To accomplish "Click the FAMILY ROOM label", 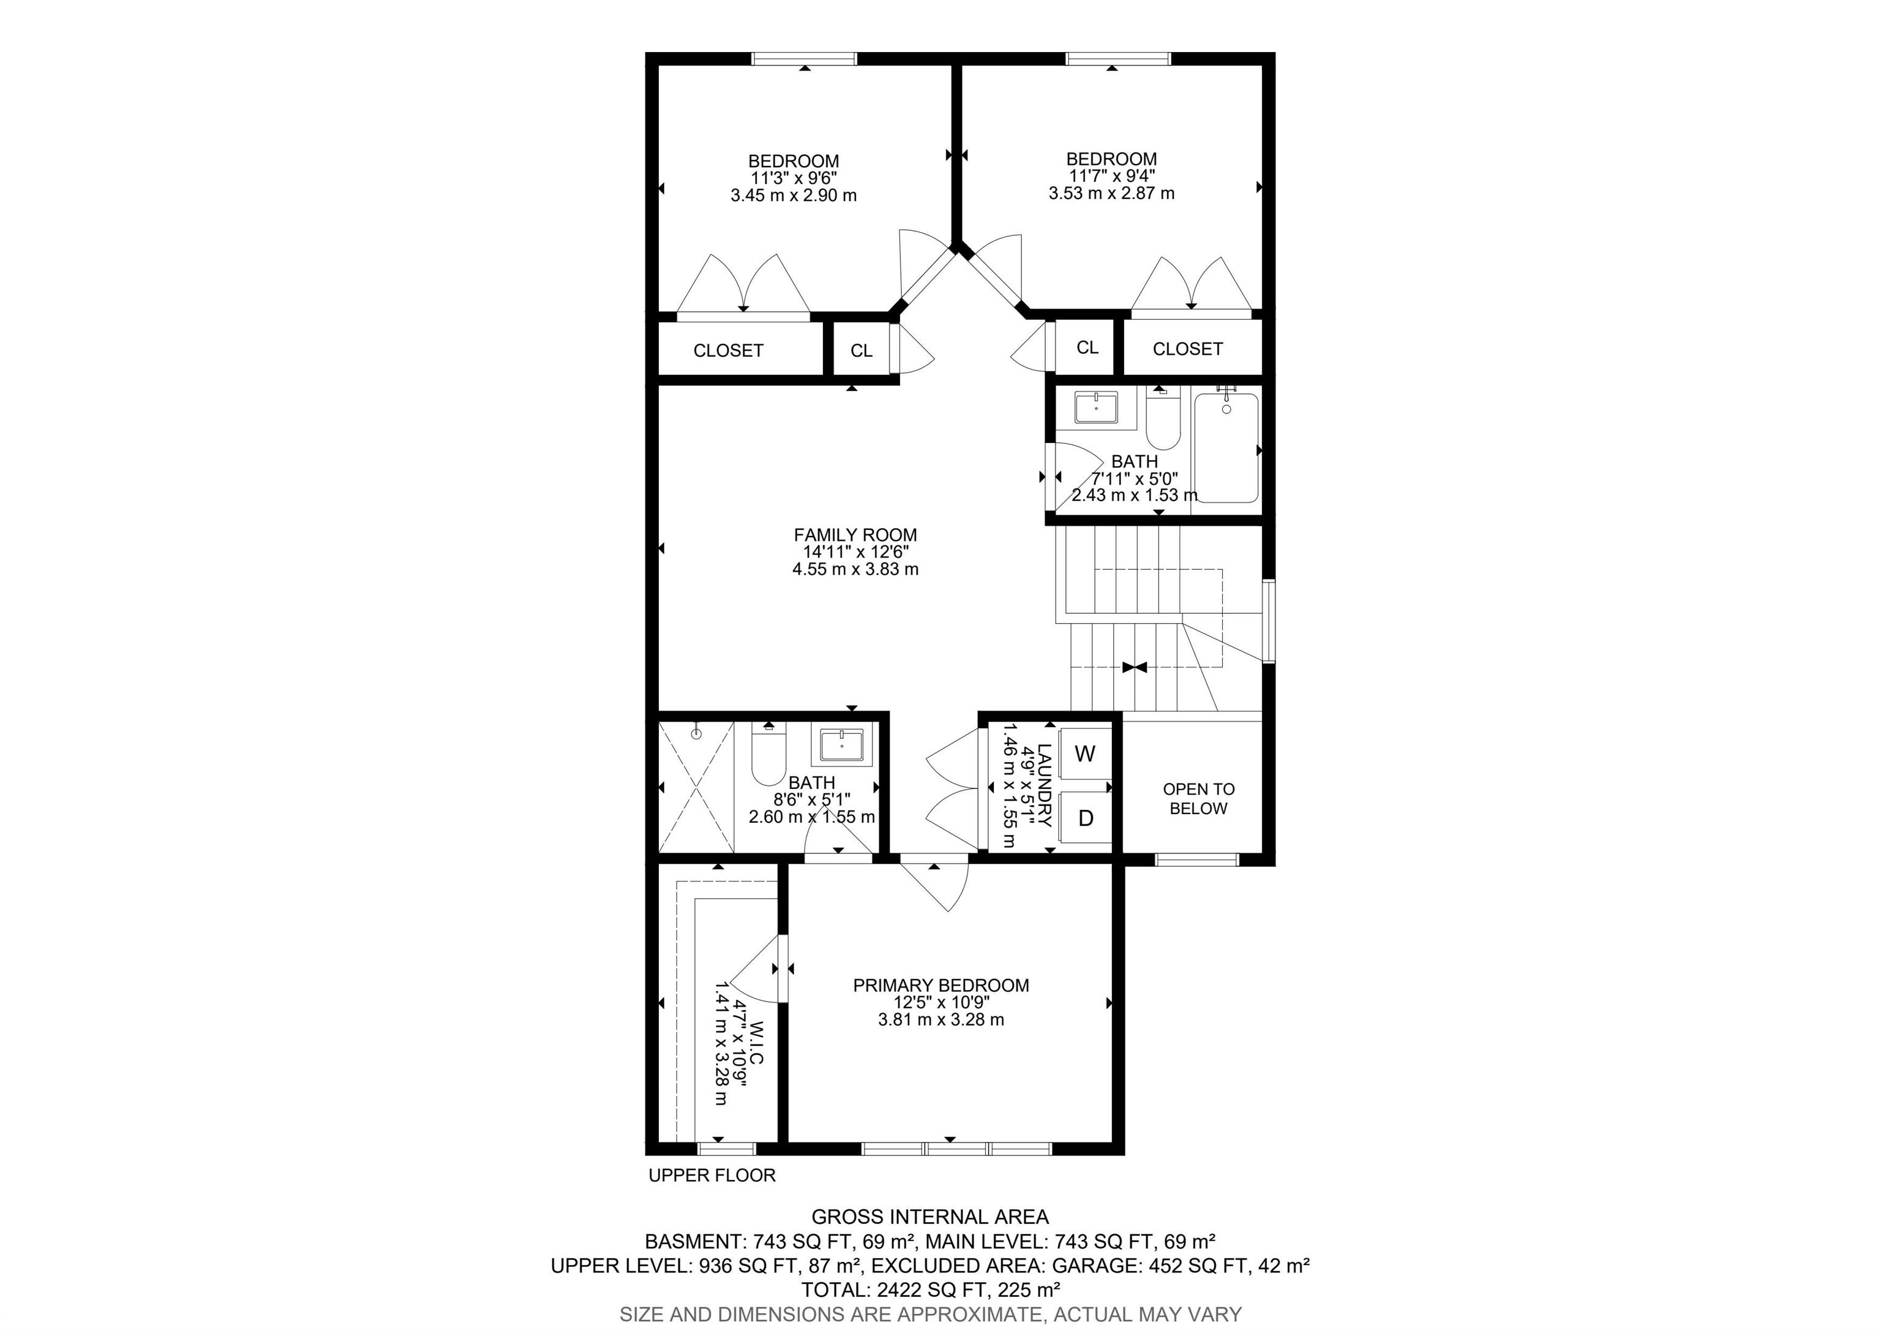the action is (855, 535).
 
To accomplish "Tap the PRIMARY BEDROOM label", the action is (940, 985).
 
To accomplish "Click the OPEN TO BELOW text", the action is (1198, 799).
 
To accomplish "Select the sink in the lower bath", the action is (842, 745).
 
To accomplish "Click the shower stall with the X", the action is (696, 787).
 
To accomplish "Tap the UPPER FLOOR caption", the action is (712, 1175).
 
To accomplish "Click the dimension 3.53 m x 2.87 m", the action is (1112, 194).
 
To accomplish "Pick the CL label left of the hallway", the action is (861, 351).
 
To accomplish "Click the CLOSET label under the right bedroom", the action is (1187, 349).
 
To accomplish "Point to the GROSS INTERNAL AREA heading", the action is (930, 1217).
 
